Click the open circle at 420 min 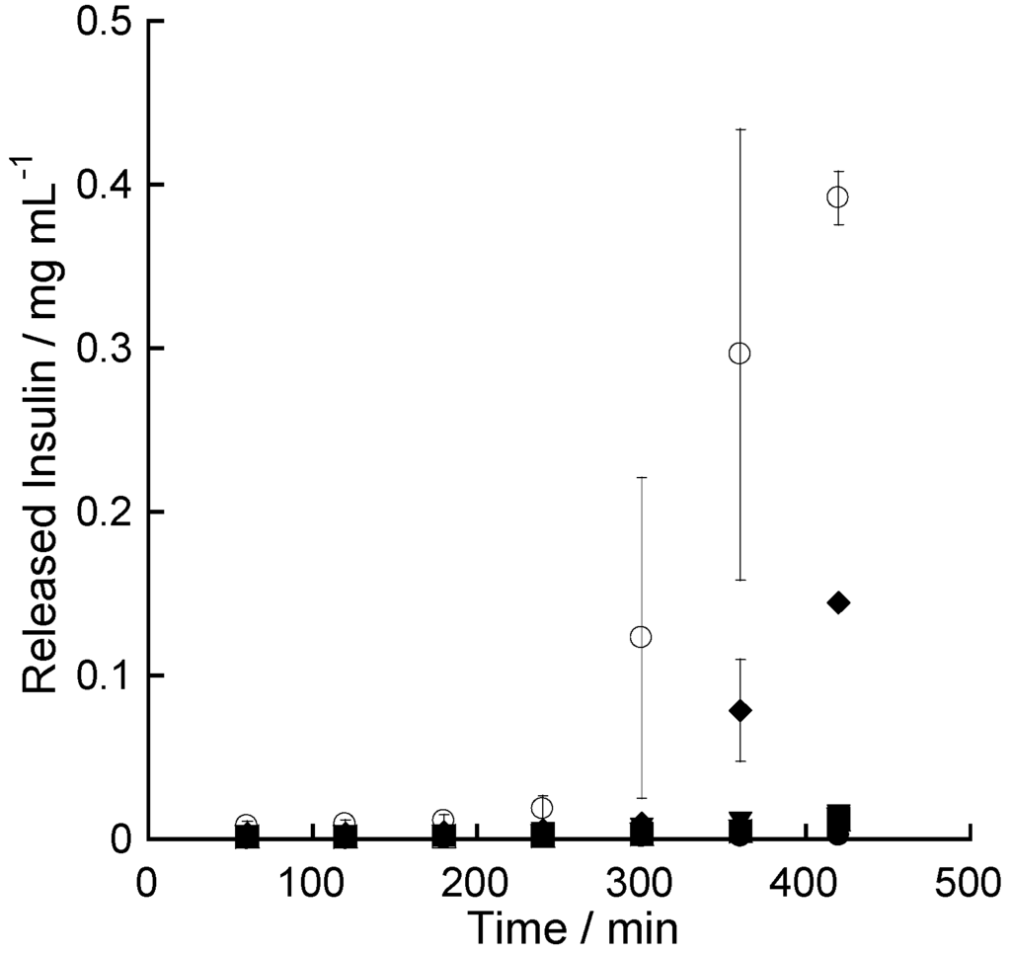837,198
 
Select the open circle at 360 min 739,353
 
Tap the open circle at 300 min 641,637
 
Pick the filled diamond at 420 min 838,603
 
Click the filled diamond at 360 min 739,710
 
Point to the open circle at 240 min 542,808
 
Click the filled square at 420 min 838,817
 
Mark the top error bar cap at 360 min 739,129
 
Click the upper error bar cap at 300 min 641,478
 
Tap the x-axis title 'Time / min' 572,928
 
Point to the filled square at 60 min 247,837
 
